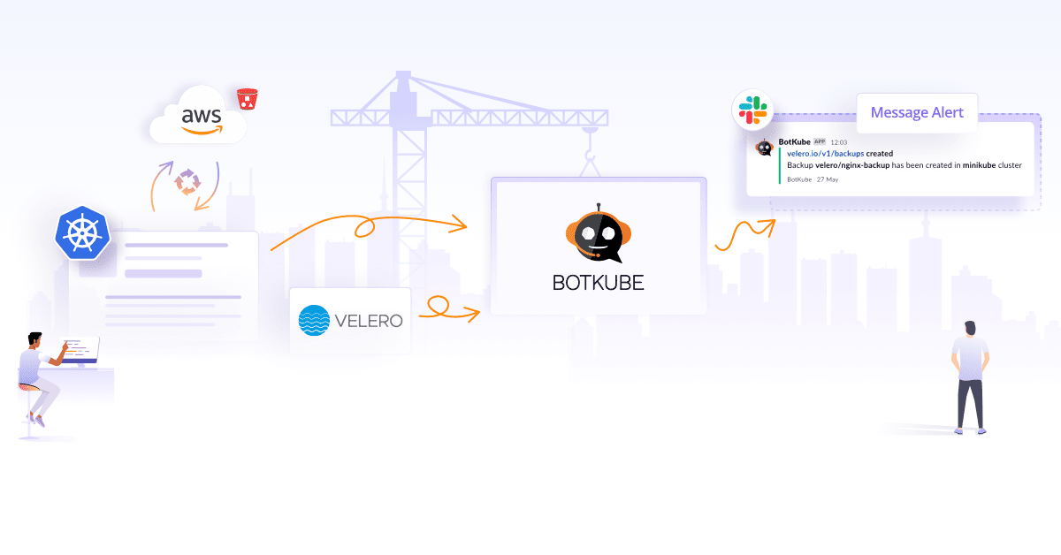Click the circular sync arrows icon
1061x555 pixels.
pos(187,180)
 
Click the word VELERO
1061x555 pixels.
pos(368,321)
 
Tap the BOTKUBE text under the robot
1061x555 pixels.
pos(598,283)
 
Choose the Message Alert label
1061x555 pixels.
pos(917,113)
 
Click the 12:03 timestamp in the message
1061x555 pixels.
pos(839,142)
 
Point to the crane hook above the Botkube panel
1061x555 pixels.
pos(591,161)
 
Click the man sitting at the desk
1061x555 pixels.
pos(40,376)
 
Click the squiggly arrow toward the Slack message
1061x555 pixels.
pos(744,234)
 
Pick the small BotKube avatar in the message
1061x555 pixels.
pos(765,147)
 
